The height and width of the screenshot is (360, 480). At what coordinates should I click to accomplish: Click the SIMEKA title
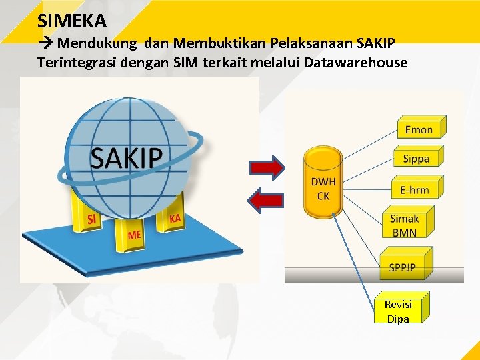click(72, 21)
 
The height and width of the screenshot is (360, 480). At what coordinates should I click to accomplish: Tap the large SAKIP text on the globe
click(126, 158)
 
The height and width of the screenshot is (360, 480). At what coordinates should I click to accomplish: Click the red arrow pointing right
click(269, 167)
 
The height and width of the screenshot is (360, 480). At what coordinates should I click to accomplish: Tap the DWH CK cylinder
click(323, 184)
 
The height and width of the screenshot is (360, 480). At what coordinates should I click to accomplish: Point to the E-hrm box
click(415, 189)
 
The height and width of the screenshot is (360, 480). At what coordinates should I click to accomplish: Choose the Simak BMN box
click(406, 225)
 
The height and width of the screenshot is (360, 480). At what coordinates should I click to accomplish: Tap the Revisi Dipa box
click(399, 311)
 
